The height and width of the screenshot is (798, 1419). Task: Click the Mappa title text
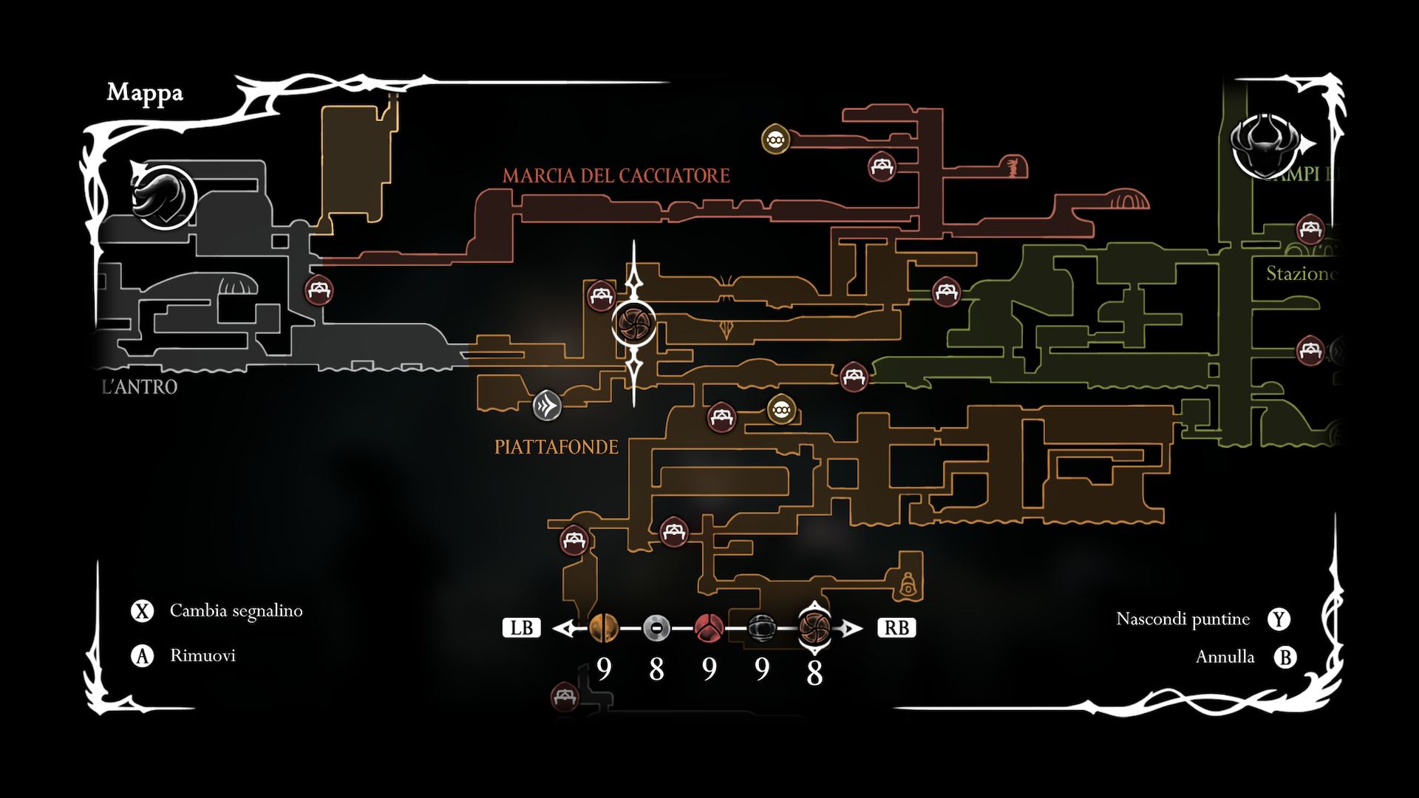click(145, 92)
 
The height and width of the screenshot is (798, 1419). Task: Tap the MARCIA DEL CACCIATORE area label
click(616, 175)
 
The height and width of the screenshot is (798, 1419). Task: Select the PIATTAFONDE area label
click(556, 447)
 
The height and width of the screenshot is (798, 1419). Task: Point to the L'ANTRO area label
click(140, 386)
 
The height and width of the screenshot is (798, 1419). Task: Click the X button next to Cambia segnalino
click(142, 611)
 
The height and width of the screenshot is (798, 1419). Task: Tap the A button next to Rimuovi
click(142, 655)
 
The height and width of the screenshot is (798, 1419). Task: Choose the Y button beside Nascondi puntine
click(1279, 619)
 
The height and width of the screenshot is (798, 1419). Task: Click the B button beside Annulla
click(1286, 657)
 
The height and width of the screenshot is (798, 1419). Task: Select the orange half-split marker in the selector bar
click(603, 628)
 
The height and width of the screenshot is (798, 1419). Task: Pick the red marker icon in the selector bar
click(709, 628)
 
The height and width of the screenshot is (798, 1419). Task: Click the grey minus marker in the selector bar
click(656, 628)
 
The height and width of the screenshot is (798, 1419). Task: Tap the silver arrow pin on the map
click(547, 405)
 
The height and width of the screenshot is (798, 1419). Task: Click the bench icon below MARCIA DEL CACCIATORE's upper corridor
click(881, 166)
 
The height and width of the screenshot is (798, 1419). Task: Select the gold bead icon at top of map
click(775, 139)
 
